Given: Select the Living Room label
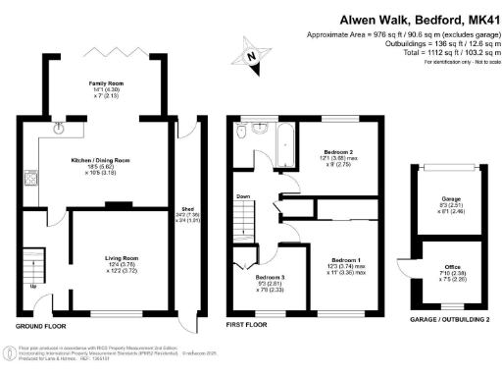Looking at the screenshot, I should coord(123,257).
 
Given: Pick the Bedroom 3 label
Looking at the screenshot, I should coord(255,279).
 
